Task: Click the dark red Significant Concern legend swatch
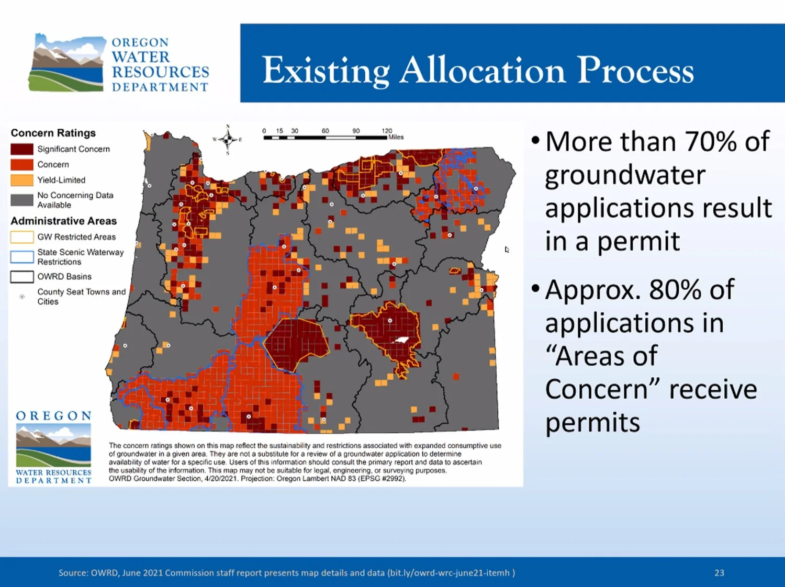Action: coord(22,149)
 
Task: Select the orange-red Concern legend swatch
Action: coord(22,164)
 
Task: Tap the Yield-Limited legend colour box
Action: coord(22,180)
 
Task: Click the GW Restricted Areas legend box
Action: coord(22,237)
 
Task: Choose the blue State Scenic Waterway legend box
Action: coord(22,257)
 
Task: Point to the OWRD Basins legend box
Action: coord(22,277)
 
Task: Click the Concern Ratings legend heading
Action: coord(53,133)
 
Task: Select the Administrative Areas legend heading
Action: coord(64,221)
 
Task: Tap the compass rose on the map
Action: coord(228,139)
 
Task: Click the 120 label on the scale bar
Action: coord(387,131)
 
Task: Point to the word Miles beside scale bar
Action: coord(396,137)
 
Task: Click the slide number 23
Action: coord(720,573)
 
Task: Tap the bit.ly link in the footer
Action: coord(449,573)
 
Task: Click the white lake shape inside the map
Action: coord(401,340)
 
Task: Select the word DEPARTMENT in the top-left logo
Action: coord(160,87)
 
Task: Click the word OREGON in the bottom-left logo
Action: coord(53,416)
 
